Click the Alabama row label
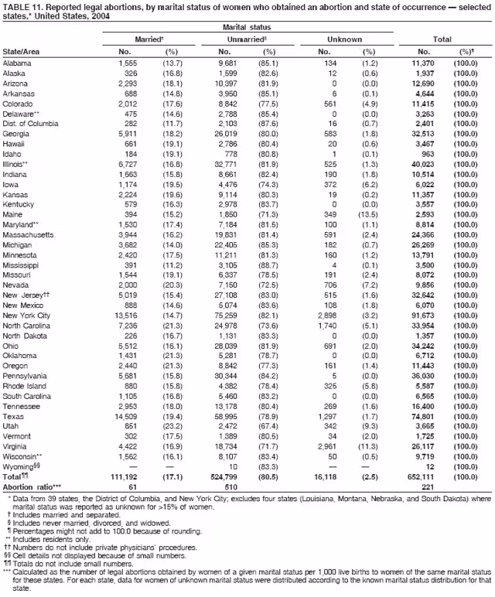17,63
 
